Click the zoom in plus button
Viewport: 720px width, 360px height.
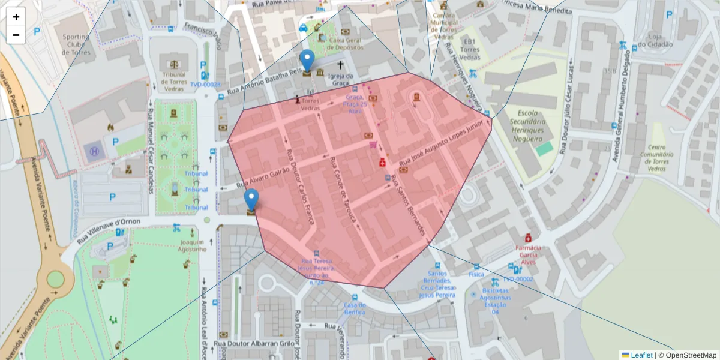[x=16, y=17]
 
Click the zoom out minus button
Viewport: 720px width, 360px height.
[x=16, y=35]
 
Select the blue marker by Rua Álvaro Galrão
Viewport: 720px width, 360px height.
[x=251, y=199]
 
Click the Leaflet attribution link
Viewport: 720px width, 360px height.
[x=641, y=355]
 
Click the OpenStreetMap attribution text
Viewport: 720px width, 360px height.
[x=691, y=355]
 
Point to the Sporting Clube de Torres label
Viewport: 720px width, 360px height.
[x=76, y=44]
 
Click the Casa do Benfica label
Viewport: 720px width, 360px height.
[x=355, y=308]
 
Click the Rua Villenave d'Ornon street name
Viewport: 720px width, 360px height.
[x=108, y=230]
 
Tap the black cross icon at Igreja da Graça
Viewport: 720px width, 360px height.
[x=340, y=65]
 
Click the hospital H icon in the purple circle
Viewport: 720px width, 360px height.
[x=94, y=151]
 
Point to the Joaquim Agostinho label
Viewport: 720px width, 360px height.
[x=193, y=245]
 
